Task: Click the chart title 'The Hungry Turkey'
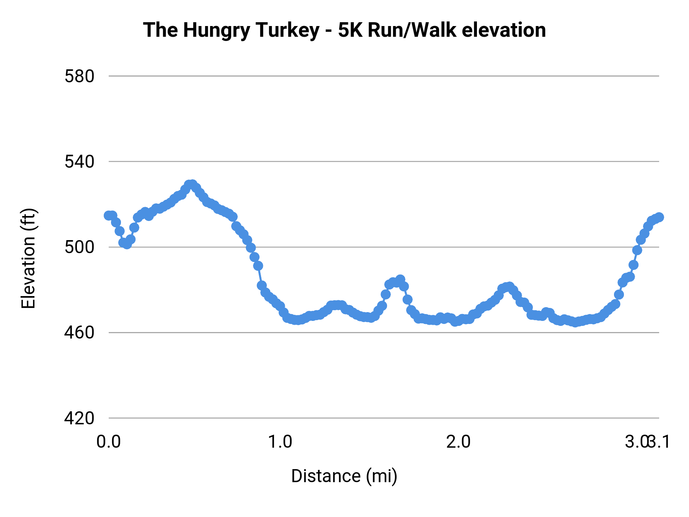[231, 30]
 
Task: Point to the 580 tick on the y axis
[79, 77]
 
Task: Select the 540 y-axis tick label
[79, 162]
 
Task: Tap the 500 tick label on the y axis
[79, 247]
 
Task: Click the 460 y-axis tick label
[79, 333]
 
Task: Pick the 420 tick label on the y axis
[79, 418]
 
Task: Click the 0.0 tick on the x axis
[109, 442]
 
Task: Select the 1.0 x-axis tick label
[280, 442]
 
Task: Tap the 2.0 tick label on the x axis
[458, 442]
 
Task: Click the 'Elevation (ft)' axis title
[28, 258]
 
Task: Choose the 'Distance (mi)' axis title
[344, 476]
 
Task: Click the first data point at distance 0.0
[109, 216]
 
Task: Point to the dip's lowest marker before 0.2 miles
[127, 244]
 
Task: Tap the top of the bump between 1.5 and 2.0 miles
[400, 279]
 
